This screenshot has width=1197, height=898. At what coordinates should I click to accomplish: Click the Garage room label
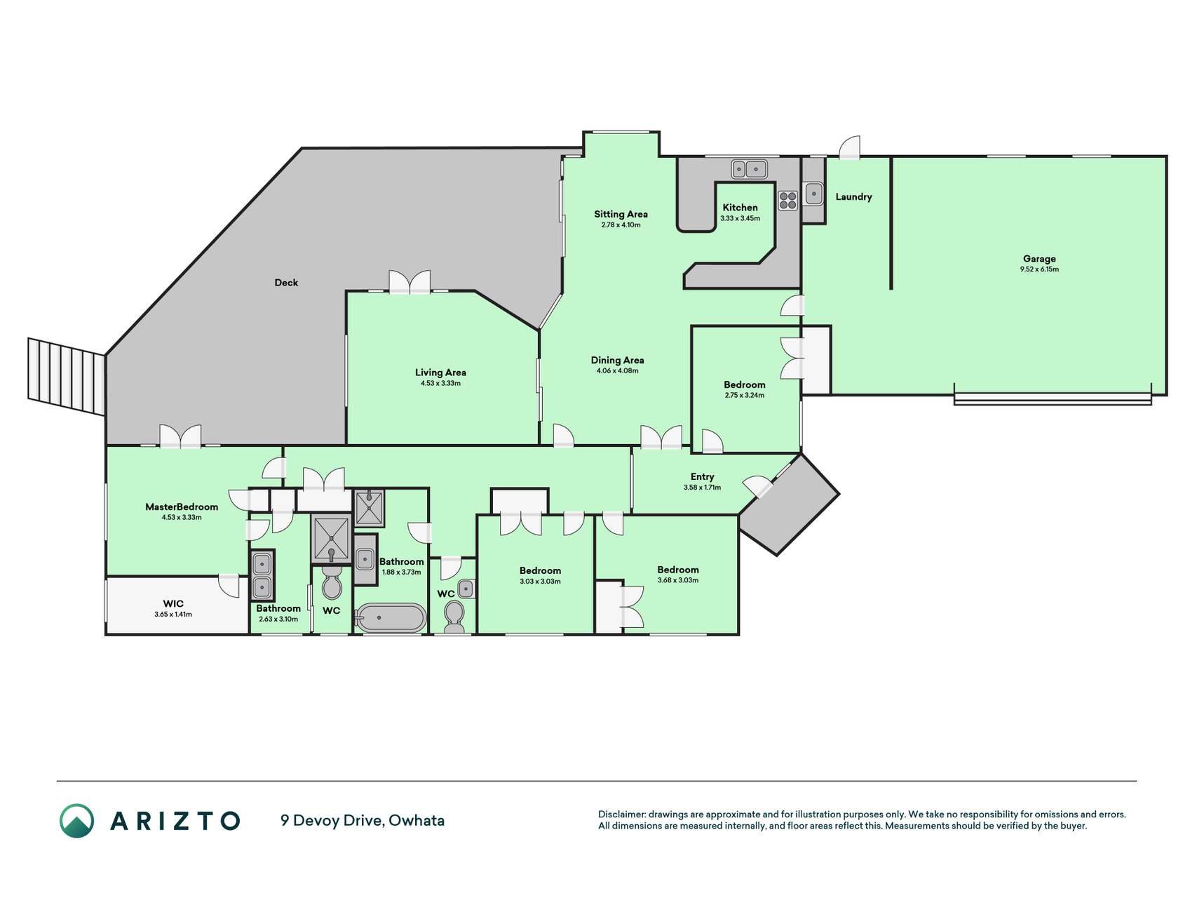click(1039, 259)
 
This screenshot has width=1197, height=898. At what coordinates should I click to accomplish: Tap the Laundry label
click(853, 197)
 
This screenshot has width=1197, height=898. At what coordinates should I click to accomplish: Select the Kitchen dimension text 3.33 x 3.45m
click(740, 218)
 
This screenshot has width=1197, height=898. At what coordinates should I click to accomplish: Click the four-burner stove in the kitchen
click(788, 200)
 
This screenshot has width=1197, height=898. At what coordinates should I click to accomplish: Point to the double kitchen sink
click(750, 169)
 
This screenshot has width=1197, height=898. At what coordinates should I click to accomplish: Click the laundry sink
click(813, 193)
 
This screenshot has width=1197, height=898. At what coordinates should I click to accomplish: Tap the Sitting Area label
click(621, 215)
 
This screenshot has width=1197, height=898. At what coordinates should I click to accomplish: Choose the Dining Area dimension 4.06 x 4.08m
click(617, 370)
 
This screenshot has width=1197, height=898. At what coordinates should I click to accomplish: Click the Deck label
click(286, 283)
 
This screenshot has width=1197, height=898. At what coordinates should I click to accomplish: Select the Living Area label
click(440, 373)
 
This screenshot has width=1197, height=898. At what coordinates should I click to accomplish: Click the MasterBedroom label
click(182, 507)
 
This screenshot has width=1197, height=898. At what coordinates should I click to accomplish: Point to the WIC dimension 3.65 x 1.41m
click(173, 615)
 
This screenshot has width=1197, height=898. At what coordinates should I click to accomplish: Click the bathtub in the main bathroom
click(391, 618)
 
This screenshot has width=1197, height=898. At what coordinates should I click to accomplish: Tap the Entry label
click(702, 476)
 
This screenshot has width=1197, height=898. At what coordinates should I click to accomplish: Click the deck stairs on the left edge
click(67, 377)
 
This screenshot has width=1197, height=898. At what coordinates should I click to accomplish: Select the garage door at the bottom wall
click(1053, 398)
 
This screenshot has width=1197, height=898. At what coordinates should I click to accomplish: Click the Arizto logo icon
click(76, 820)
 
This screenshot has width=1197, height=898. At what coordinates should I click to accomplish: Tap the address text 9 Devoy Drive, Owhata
click(363, 820)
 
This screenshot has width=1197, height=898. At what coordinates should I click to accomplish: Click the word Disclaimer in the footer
click(621, 815)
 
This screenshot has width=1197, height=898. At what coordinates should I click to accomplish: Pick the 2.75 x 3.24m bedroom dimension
click(745, 395)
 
